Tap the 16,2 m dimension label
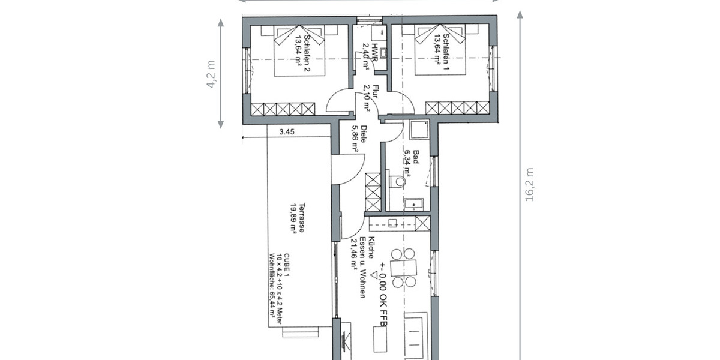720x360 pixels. (529, 184)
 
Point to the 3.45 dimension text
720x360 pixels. (287, 133)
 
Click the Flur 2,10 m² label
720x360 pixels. (371, 99)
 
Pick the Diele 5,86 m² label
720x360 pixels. (359, 140)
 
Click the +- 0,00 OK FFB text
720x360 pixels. (383, 290)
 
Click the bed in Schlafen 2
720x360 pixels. (299, 50)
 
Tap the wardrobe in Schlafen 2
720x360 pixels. (283, 109)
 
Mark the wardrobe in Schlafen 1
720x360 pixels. (457, 108)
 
